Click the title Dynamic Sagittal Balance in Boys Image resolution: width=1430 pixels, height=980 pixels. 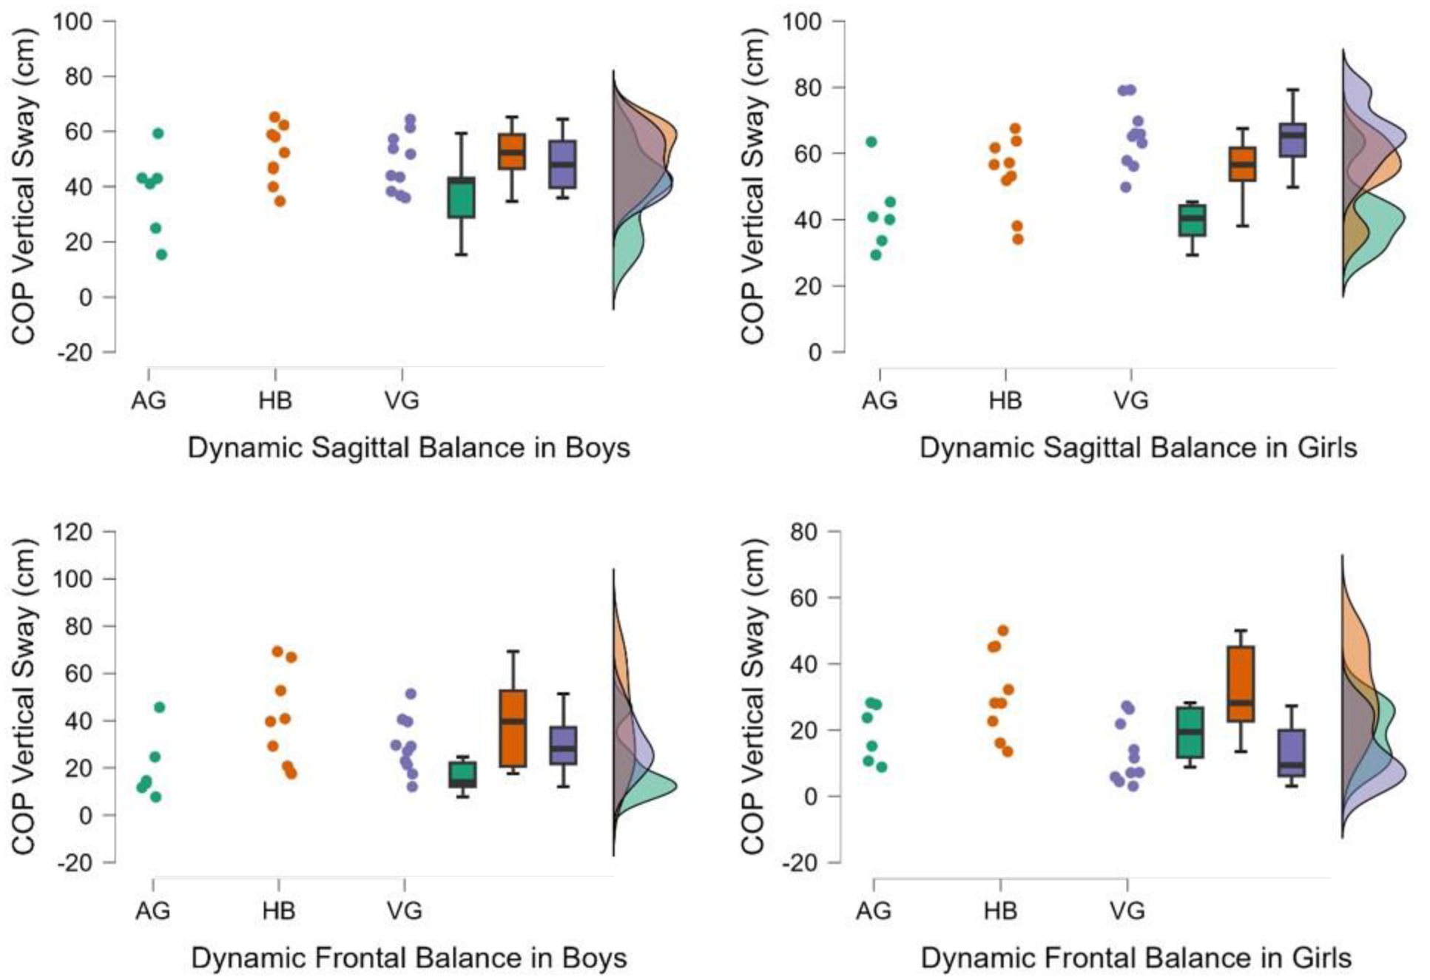coord(408,447)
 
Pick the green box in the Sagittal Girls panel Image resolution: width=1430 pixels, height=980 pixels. coord(1192,220)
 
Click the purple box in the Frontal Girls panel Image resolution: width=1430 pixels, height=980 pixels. coord(1292,753)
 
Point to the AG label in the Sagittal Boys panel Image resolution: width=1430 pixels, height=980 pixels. coord(149,400)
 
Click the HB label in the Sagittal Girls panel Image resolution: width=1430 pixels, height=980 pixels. coord(1005,400)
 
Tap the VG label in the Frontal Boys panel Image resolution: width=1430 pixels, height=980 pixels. coord(404,910)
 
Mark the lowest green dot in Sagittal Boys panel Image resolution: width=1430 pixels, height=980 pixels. coord(161,255)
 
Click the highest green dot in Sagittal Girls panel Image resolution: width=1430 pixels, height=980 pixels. coord(871,142)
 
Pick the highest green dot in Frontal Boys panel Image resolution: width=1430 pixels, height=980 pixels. coord(159,708)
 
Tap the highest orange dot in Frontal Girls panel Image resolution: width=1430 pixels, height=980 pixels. coord(1003,631)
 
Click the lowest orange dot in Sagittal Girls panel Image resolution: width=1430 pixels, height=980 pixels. coord(1018,239)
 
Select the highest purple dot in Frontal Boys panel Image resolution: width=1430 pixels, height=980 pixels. coord(411,694)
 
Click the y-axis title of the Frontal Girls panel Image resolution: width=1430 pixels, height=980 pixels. coord(752,695)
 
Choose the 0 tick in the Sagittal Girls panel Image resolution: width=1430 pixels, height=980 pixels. coord(815,352)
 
